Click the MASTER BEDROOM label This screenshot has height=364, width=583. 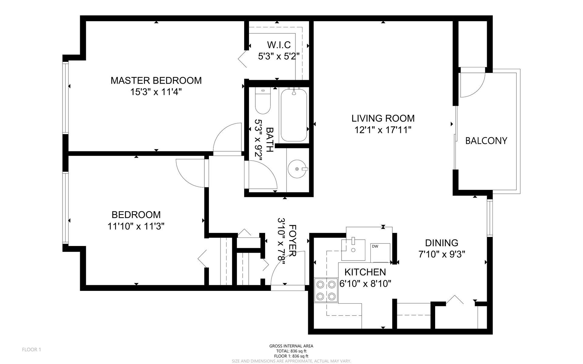pos(156,80)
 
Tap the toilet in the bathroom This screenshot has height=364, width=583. pos(262,101)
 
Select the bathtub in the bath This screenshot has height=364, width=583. pos(294,115)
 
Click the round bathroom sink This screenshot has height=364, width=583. pos(298,169)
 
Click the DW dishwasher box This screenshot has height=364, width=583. pos(380,252)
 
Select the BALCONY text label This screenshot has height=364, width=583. pos(486,141)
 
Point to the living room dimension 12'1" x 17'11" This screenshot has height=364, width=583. pos(383,130)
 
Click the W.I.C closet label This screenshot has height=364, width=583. pos(279,45)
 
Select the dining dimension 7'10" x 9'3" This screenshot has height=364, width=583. pos(442,254)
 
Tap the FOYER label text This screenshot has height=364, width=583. pos(292,241)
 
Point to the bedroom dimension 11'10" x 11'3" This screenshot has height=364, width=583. pos(136,226)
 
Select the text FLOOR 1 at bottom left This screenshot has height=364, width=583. pos(31,350)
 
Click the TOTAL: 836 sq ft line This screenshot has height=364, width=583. pos(291,351)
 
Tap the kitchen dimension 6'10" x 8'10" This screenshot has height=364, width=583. pos(365,284)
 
